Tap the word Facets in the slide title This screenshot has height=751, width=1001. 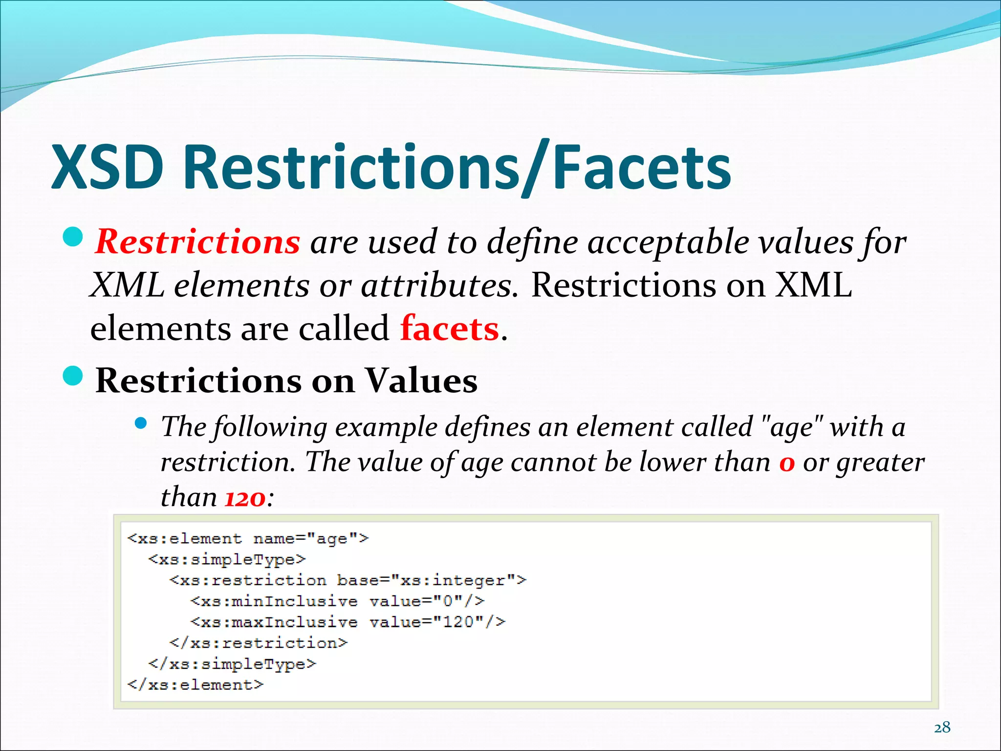pyautogui.click(x=642, y=167)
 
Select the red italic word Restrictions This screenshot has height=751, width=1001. pyautogui.click(x=197, y=242)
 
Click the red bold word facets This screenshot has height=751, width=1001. pyautogui.click(x=449, y=329)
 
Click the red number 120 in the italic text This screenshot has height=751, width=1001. pyautogui.click(x=245, y=498)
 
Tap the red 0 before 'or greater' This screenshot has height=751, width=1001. pyautogui.click(x=787, y=463)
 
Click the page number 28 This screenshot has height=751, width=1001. pyautogui.click(x=942, y=728)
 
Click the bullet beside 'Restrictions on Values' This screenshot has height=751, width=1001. pyautogui.click(x=73, y=375)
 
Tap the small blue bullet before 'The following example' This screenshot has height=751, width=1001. pyautogui.click(x=141, y=423)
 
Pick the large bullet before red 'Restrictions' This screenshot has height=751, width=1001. pyautogui.click(x=73, y=237)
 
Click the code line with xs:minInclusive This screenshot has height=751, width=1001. pyautogui.click(x=337, y=601)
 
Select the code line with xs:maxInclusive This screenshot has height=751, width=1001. pyautogui.click(x=348, y=622)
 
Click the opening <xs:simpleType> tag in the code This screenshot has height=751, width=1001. pyautogui.click(x=227, y=559)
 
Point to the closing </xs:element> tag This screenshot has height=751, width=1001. pyautogui.click(x=195, y=685)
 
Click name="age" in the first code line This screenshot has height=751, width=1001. pyautogui.click(x=311, y=538)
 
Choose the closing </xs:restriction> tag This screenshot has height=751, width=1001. pyautogui.click(x=258, y=643)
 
